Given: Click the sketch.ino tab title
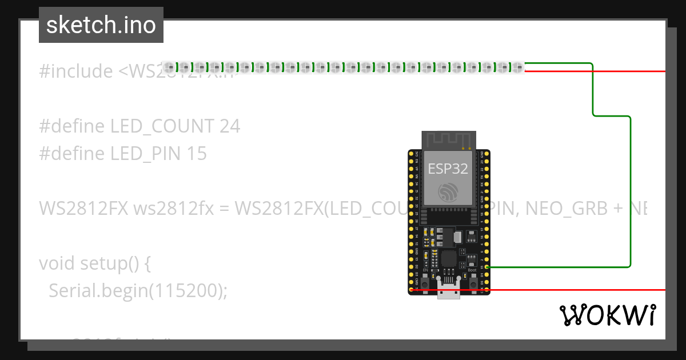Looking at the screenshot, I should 101,26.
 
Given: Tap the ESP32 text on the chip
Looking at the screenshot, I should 448,169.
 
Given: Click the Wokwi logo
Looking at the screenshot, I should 607,315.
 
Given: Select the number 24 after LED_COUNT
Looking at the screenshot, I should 230,126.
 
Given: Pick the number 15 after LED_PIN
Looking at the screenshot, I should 197,154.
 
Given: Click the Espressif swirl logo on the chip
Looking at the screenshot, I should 448,192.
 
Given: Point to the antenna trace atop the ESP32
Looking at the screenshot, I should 448,139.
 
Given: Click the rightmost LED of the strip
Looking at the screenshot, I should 517,67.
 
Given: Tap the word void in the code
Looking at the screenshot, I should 57,263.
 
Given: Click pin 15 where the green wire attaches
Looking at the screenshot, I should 486,267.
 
